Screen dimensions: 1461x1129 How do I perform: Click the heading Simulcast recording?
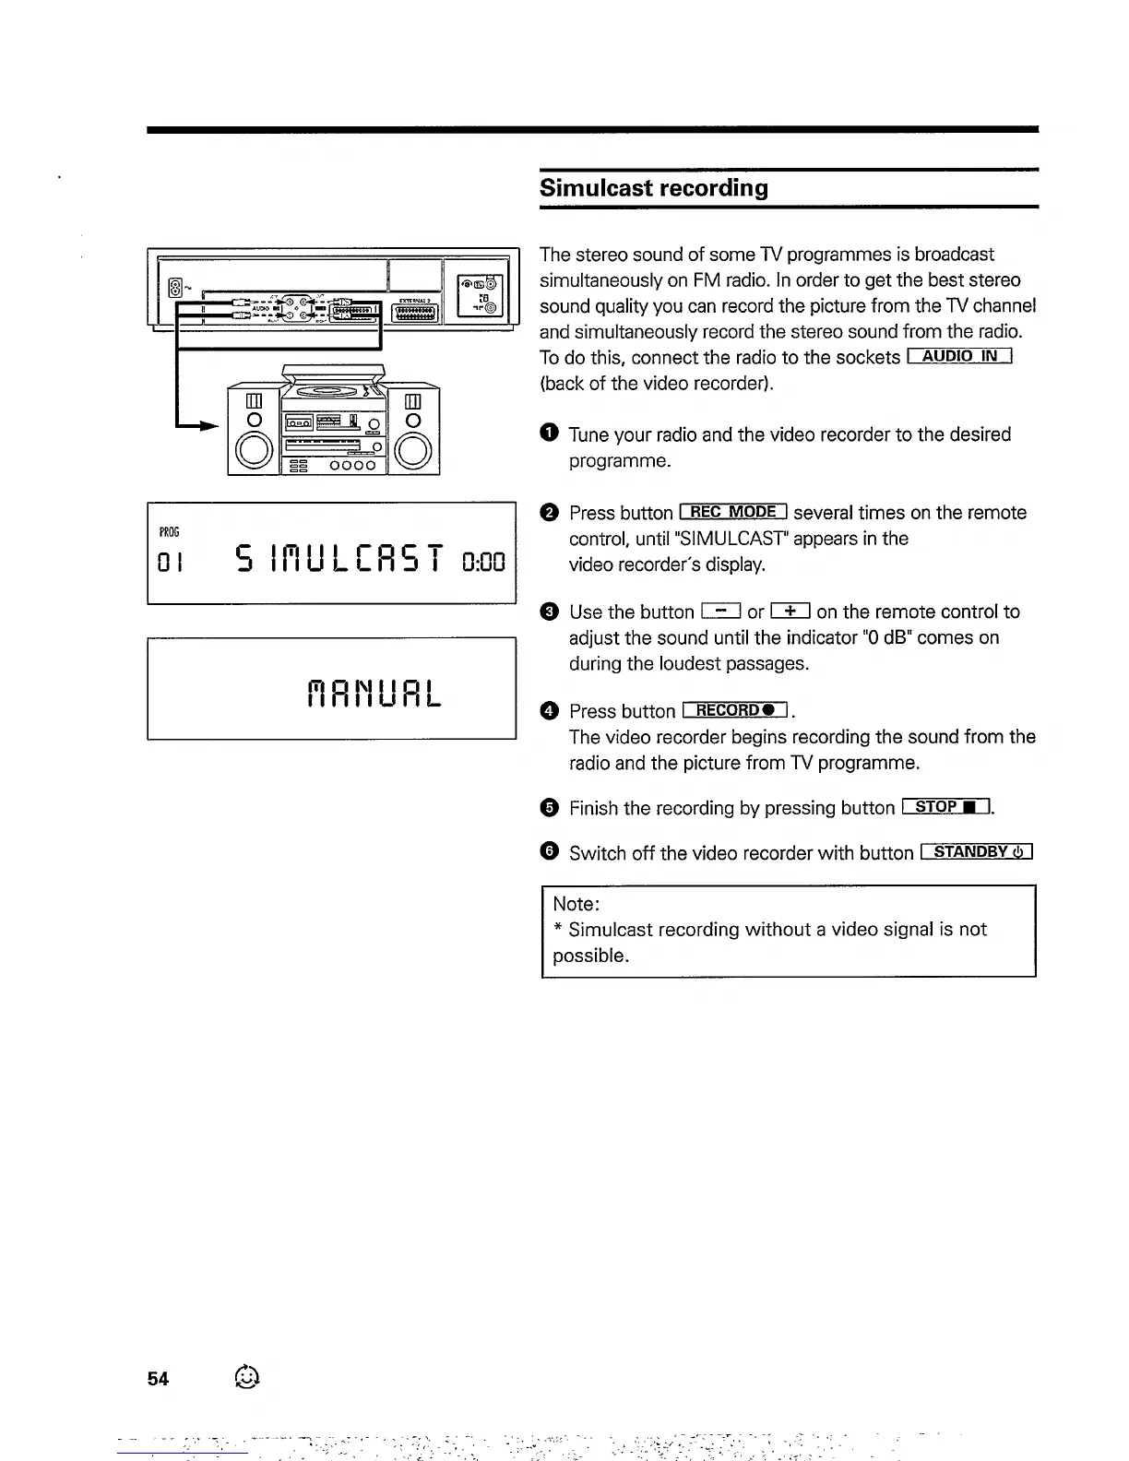653,188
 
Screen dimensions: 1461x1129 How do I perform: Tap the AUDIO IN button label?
960,357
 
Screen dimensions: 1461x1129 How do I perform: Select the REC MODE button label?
732,512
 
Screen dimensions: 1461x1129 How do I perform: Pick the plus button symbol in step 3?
790,611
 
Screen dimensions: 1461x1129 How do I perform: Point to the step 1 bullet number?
549,434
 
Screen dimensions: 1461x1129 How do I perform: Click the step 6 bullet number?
549,852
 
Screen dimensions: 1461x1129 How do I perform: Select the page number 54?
158,1379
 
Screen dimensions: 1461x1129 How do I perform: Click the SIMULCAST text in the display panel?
341,559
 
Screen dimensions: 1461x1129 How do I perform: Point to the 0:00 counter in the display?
484,560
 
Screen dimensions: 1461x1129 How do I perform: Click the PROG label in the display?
169,533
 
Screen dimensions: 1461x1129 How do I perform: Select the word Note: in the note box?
576,904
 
